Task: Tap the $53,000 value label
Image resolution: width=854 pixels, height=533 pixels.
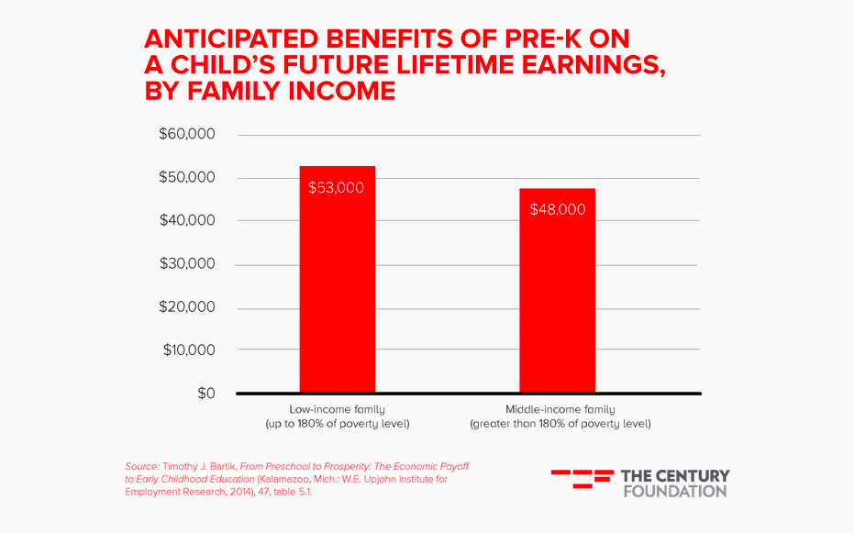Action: click(337, 188)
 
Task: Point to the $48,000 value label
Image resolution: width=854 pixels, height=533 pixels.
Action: click(557, 209)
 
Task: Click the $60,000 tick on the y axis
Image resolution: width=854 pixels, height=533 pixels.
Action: click(188, 135)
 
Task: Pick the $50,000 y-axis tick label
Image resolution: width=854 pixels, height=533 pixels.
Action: click(188, 178)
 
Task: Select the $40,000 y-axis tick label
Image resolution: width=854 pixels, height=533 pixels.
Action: click(188, 221)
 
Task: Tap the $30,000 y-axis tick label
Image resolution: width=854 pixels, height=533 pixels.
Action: click(188, 264)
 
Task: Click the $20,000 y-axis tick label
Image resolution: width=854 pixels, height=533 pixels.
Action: click(188, 307)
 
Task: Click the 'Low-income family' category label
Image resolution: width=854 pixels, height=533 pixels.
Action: click(337, 409)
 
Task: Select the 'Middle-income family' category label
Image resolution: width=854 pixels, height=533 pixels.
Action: click(560, 409)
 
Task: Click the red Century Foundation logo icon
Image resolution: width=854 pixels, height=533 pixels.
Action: click(582, 482)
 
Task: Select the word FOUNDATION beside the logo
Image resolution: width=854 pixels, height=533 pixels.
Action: click(674, 491)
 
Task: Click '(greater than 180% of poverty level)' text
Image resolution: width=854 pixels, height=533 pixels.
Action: click(560, 424)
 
